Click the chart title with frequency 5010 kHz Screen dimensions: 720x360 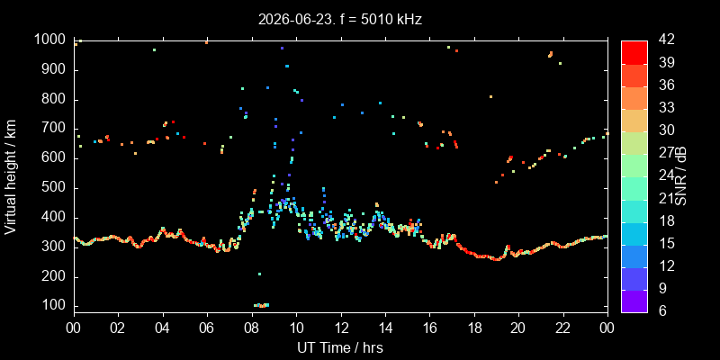pos(340,19)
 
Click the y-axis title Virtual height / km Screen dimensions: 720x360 pos(11,177)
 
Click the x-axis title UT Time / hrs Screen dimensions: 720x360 pos(340,347)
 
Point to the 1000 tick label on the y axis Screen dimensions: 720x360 pos(50,40)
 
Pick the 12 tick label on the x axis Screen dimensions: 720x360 pos(341,329)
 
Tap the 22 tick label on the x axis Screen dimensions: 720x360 pos(563,329)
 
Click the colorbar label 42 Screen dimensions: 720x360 pos(666,40)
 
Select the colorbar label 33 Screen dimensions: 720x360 pos(666,108)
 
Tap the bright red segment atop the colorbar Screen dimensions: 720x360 pos(634,52)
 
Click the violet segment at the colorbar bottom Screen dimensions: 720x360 pos(634,301)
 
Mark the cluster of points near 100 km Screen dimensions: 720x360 pos(261,305)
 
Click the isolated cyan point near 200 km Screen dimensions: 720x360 pos(259,274)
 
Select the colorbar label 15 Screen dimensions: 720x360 pos(666,243)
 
